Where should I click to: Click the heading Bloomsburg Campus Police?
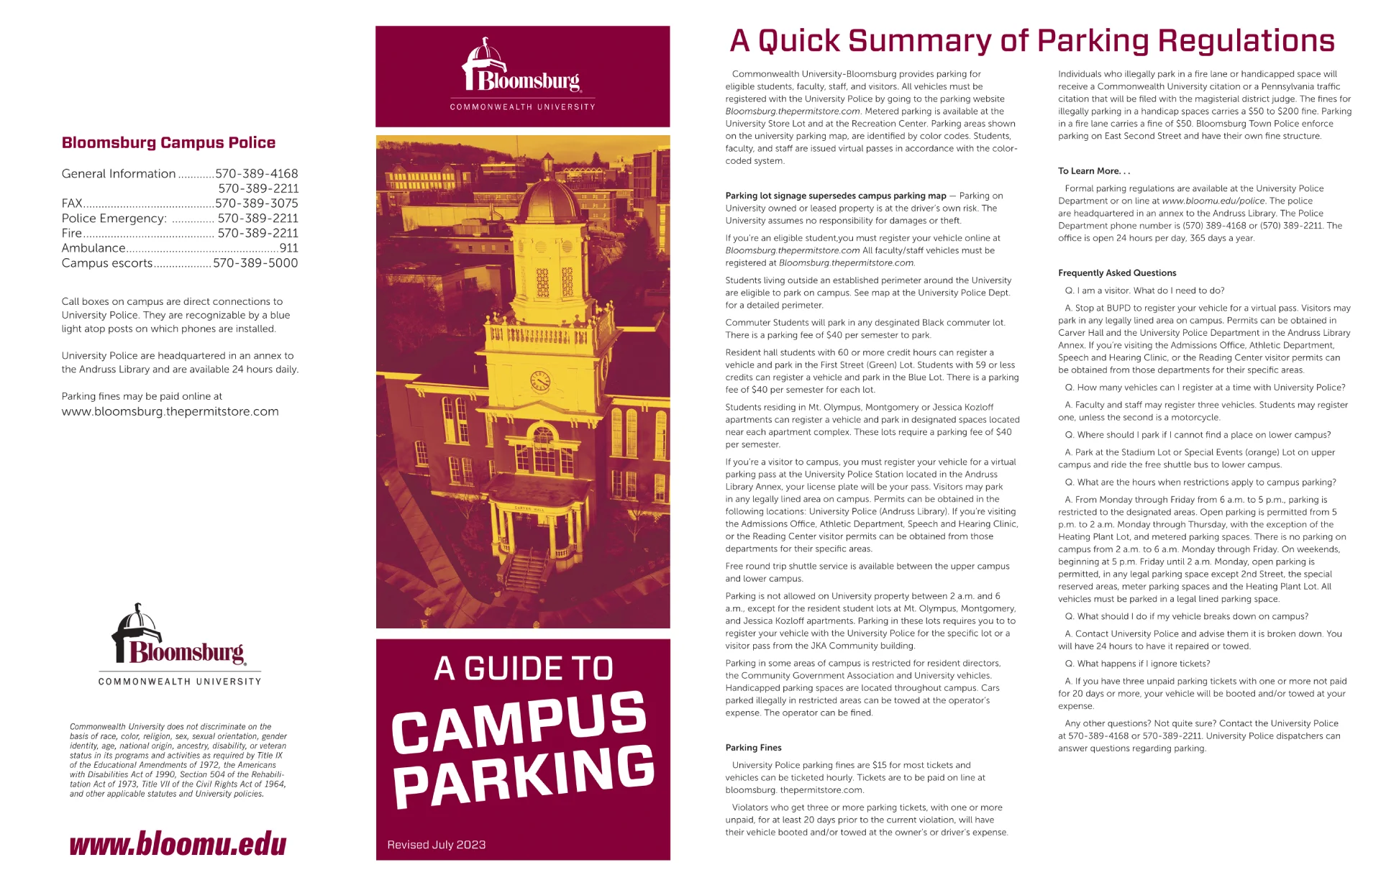pos(168,142)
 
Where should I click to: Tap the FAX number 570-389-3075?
pos(257,203)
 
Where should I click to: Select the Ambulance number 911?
pos(288,248)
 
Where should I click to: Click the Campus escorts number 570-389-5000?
pos(255,263)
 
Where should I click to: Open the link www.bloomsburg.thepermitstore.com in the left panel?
pos(170,412)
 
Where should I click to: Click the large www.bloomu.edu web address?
pos(178,843)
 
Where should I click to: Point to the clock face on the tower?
pos(540,381)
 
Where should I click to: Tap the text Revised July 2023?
pos(436,845)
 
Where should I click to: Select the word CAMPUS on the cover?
pos(519,721)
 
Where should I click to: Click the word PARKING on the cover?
pos(524,776)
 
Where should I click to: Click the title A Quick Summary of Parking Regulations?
pos(1032,41)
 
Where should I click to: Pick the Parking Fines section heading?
pos(753,748)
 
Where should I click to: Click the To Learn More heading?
pos(1093,171)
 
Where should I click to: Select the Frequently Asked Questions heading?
pos(1117,273)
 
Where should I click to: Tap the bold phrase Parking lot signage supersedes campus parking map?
pos(836,196)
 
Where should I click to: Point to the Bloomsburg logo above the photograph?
pos(523,75)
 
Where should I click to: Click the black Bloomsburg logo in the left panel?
pos(179,644)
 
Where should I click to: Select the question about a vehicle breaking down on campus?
pos(1186,616)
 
